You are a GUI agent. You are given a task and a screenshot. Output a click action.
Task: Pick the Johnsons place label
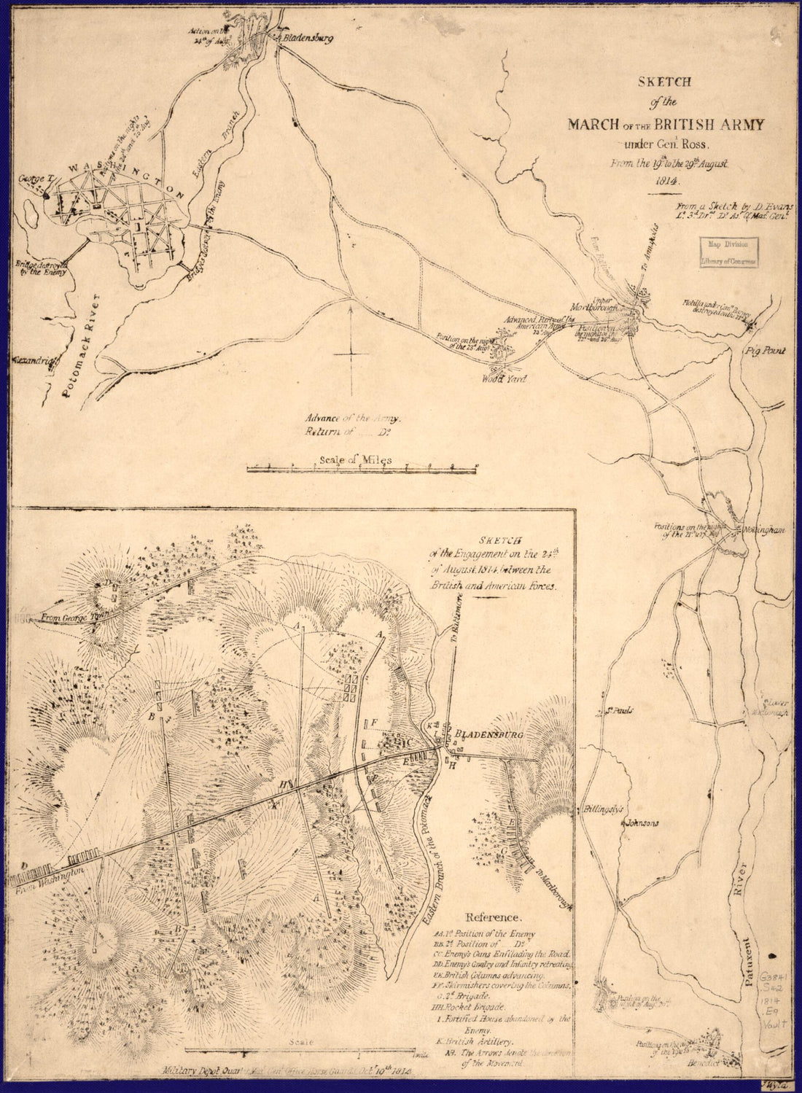[641, 823]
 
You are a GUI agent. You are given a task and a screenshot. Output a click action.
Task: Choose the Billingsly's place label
[601, 810]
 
